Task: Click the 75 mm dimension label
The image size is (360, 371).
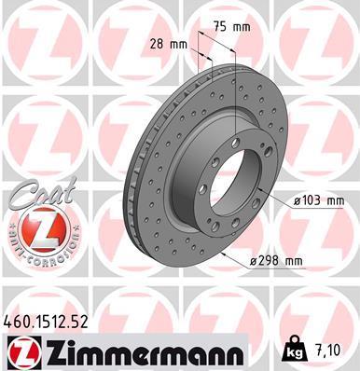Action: [x=232, y=27]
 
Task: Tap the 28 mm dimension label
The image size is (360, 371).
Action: [x=169, y=44]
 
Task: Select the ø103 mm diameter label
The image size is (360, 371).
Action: [x=319, y=201]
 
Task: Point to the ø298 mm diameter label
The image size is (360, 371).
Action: [x=276, y=260]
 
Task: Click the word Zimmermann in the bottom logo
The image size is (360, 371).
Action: [x=144, y=352]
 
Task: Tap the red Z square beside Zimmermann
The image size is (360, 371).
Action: [x=24, y=352]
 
